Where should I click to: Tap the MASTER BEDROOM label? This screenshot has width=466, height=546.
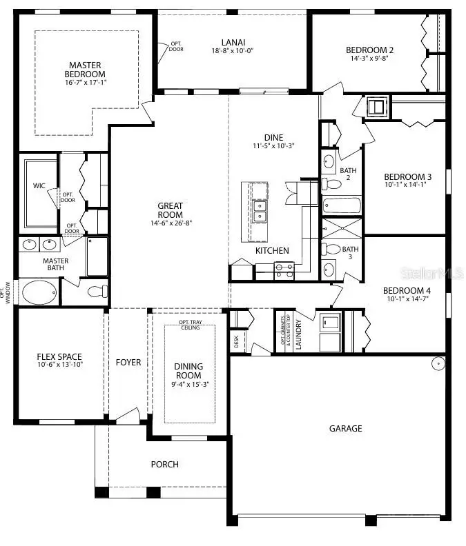[x=85, y=70]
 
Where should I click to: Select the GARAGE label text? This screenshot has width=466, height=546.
[x=345, y=428]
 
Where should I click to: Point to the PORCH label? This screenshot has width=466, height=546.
[x=165, y=464]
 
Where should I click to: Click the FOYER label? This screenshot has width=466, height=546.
[x=128, y=362]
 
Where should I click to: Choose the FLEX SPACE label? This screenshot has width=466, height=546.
[x=59, y=357]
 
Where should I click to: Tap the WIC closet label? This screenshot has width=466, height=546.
[x=39, y=185]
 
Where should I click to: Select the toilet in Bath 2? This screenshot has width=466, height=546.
[x=335, y=184]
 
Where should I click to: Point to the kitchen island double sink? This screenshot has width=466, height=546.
[x=260, y=211]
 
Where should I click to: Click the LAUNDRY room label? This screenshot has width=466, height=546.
[x=298, y=334]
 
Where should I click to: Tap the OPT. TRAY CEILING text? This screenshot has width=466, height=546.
[x=189, y=325]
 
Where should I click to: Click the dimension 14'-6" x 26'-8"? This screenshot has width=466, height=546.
[x=170, y=223]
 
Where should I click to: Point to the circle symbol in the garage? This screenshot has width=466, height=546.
[x=438, y=363]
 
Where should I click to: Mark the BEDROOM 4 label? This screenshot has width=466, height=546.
[x=407, y=290]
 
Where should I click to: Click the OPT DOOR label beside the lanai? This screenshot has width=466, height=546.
[x=176, y=47]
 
